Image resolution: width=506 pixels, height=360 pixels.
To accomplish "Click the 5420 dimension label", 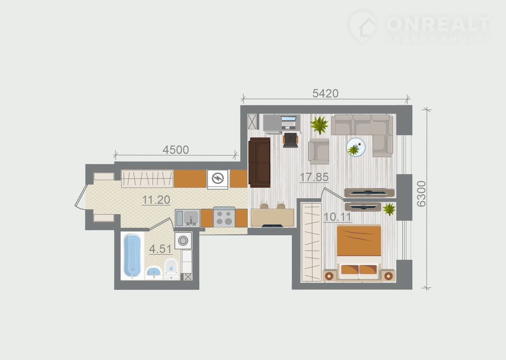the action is tap(325, 93).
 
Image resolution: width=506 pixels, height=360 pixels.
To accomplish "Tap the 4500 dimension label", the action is tap(176, 150).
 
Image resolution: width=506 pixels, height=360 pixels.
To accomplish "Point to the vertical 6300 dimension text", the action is tap(421, 194).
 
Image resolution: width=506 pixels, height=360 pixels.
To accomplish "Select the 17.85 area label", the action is tap(314, 177).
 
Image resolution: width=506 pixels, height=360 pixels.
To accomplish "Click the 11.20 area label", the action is tap(156, 200).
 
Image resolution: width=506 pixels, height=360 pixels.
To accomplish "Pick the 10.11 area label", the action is tap(338, 217).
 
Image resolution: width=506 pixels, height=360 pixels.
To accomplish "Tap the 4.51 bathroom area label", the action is tap(160, 249).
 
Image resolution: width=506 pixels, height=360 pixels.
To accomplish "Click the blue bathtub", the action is tap(132, 256).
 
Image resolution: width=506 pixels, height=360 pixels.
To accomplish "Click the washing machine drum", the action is tap(183, 241).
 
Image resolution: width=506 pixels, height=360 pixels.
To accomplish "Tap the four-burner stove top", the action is tap(224, 217).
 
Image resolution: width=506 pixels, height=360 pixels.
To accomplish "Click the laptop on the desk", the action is tap(289, 123).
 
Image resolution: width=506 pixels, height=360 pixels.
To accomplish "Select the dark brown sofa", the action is tap(260, 163).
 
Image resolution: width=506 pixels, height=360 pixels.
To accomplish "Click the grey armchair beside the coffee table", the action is tap(319, 151).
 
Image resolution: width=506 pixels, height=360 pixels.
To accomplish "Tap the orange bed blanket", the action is tap(359, 241).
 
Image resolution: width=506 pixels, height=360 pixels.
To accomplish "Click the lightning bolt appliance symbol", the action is tap(218, 178).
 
